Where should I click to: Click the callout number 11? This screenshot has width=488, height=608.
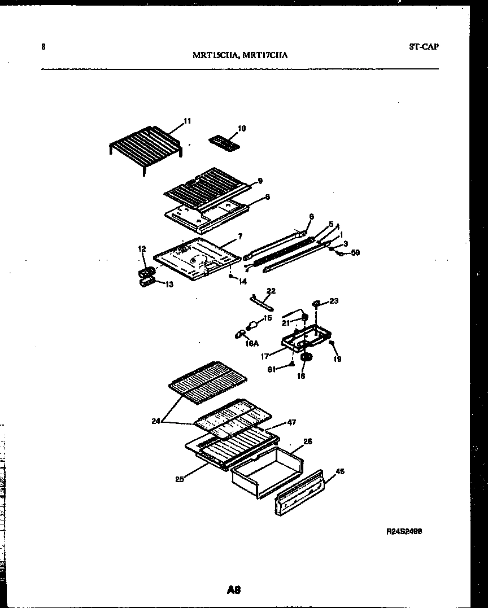pos(188,121)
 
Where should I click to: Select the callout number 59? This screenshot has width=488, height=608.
pos(355,253)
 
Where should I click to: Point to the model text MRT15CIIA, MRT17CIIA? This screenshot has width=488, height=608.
pos(241,55)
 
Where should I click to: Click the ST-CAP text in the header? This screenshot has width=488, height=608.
pos(424,47)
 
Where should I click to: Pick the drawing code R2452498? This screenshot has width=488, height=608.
pos(404,531)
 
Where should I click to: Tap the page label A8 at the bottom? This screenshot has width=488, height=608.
pos(234,590)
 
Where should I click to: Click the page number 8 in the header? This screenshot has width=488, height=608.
pos(43,47)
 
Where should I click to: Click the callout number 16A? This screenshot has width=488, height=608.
pos(252,342)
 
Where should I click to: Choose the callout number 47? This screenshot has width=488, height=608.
pos(291,422)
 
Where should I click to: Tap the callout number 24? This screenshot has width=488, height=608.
pos(156,420)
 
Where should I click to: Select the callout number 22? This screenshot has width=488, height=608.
pos(271,291)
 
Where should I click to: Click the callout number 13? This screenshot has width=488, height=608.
pos(169,285)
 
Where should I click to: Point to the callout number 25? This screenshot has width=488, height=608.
pos(179,480)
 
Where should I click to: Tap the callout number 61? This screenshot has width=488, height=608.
pos(271,370)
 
